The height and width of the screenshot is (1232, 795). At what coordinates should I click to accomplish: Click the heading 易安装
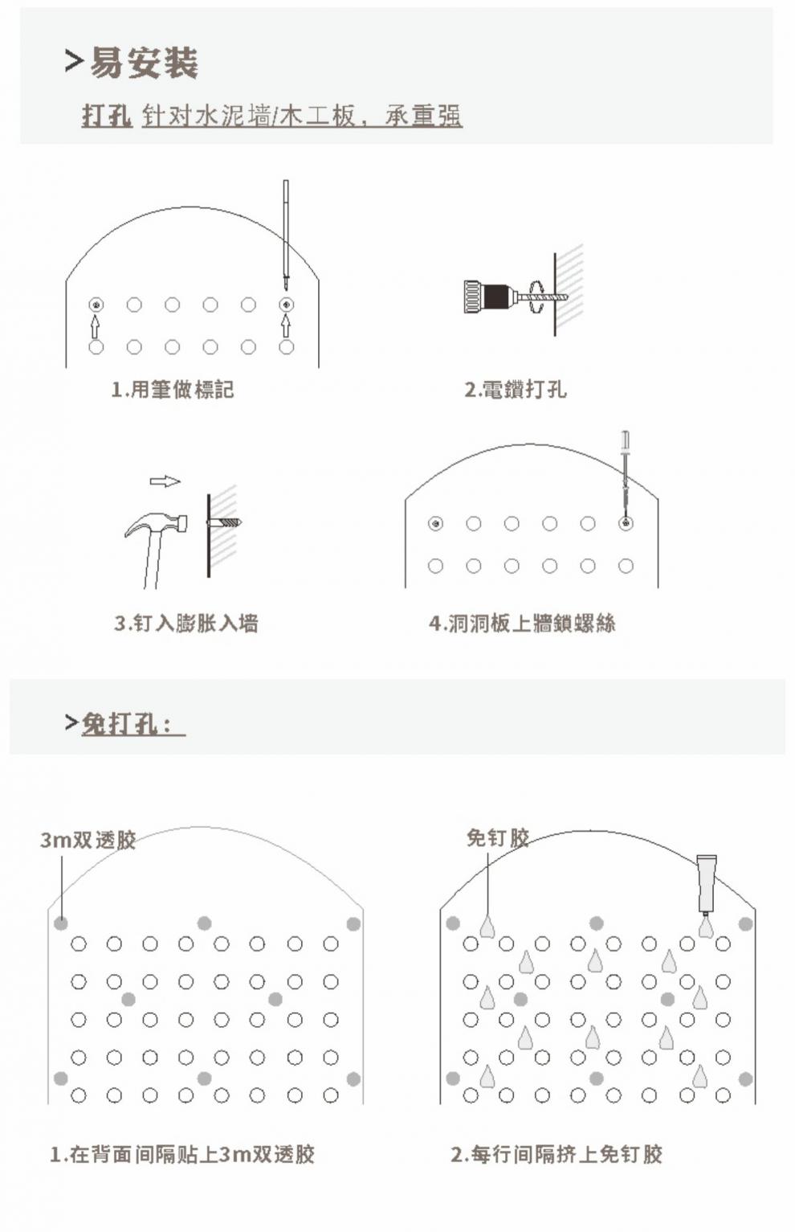[x=143, y=63]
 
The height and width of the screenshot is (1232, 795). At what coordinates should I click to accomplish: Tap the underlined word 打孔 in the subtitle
[x=106, y=116]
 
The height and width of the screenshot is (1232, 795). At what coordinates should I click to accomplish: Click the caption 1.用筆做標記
[x=173, y=390]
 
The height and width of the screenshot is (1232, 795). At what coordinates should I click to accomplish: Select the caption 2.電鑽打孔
[x=515, y=390]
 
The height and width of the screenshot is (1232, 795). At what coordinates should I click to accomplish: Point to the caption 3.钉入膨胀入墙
[x=185, y=623]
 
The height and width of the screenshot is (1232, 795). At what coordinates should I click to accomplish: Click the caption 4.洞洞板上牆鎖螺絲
[x=522, y=623]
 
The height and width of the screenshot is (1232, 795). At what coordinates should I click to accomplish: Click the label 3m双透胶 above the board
[x=88, y=840]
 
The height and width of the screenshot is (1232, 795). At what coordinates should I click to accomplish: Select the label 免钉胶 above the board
[x=498, y=837]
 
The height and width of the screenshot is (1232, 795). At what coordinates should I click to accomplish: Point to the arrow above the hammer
[x=165, y=481]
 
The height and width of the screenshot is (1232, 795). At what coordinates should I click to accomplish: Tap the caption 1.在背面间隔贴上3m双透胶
[x=182, y=1154]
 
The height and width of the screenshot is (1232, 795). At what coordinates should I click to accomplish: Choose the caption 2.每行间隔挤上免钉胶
[x=556, y=1154]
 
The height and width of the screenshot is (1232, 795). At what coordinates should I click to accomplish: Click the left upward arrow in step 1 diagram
[x=96, y=325]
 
